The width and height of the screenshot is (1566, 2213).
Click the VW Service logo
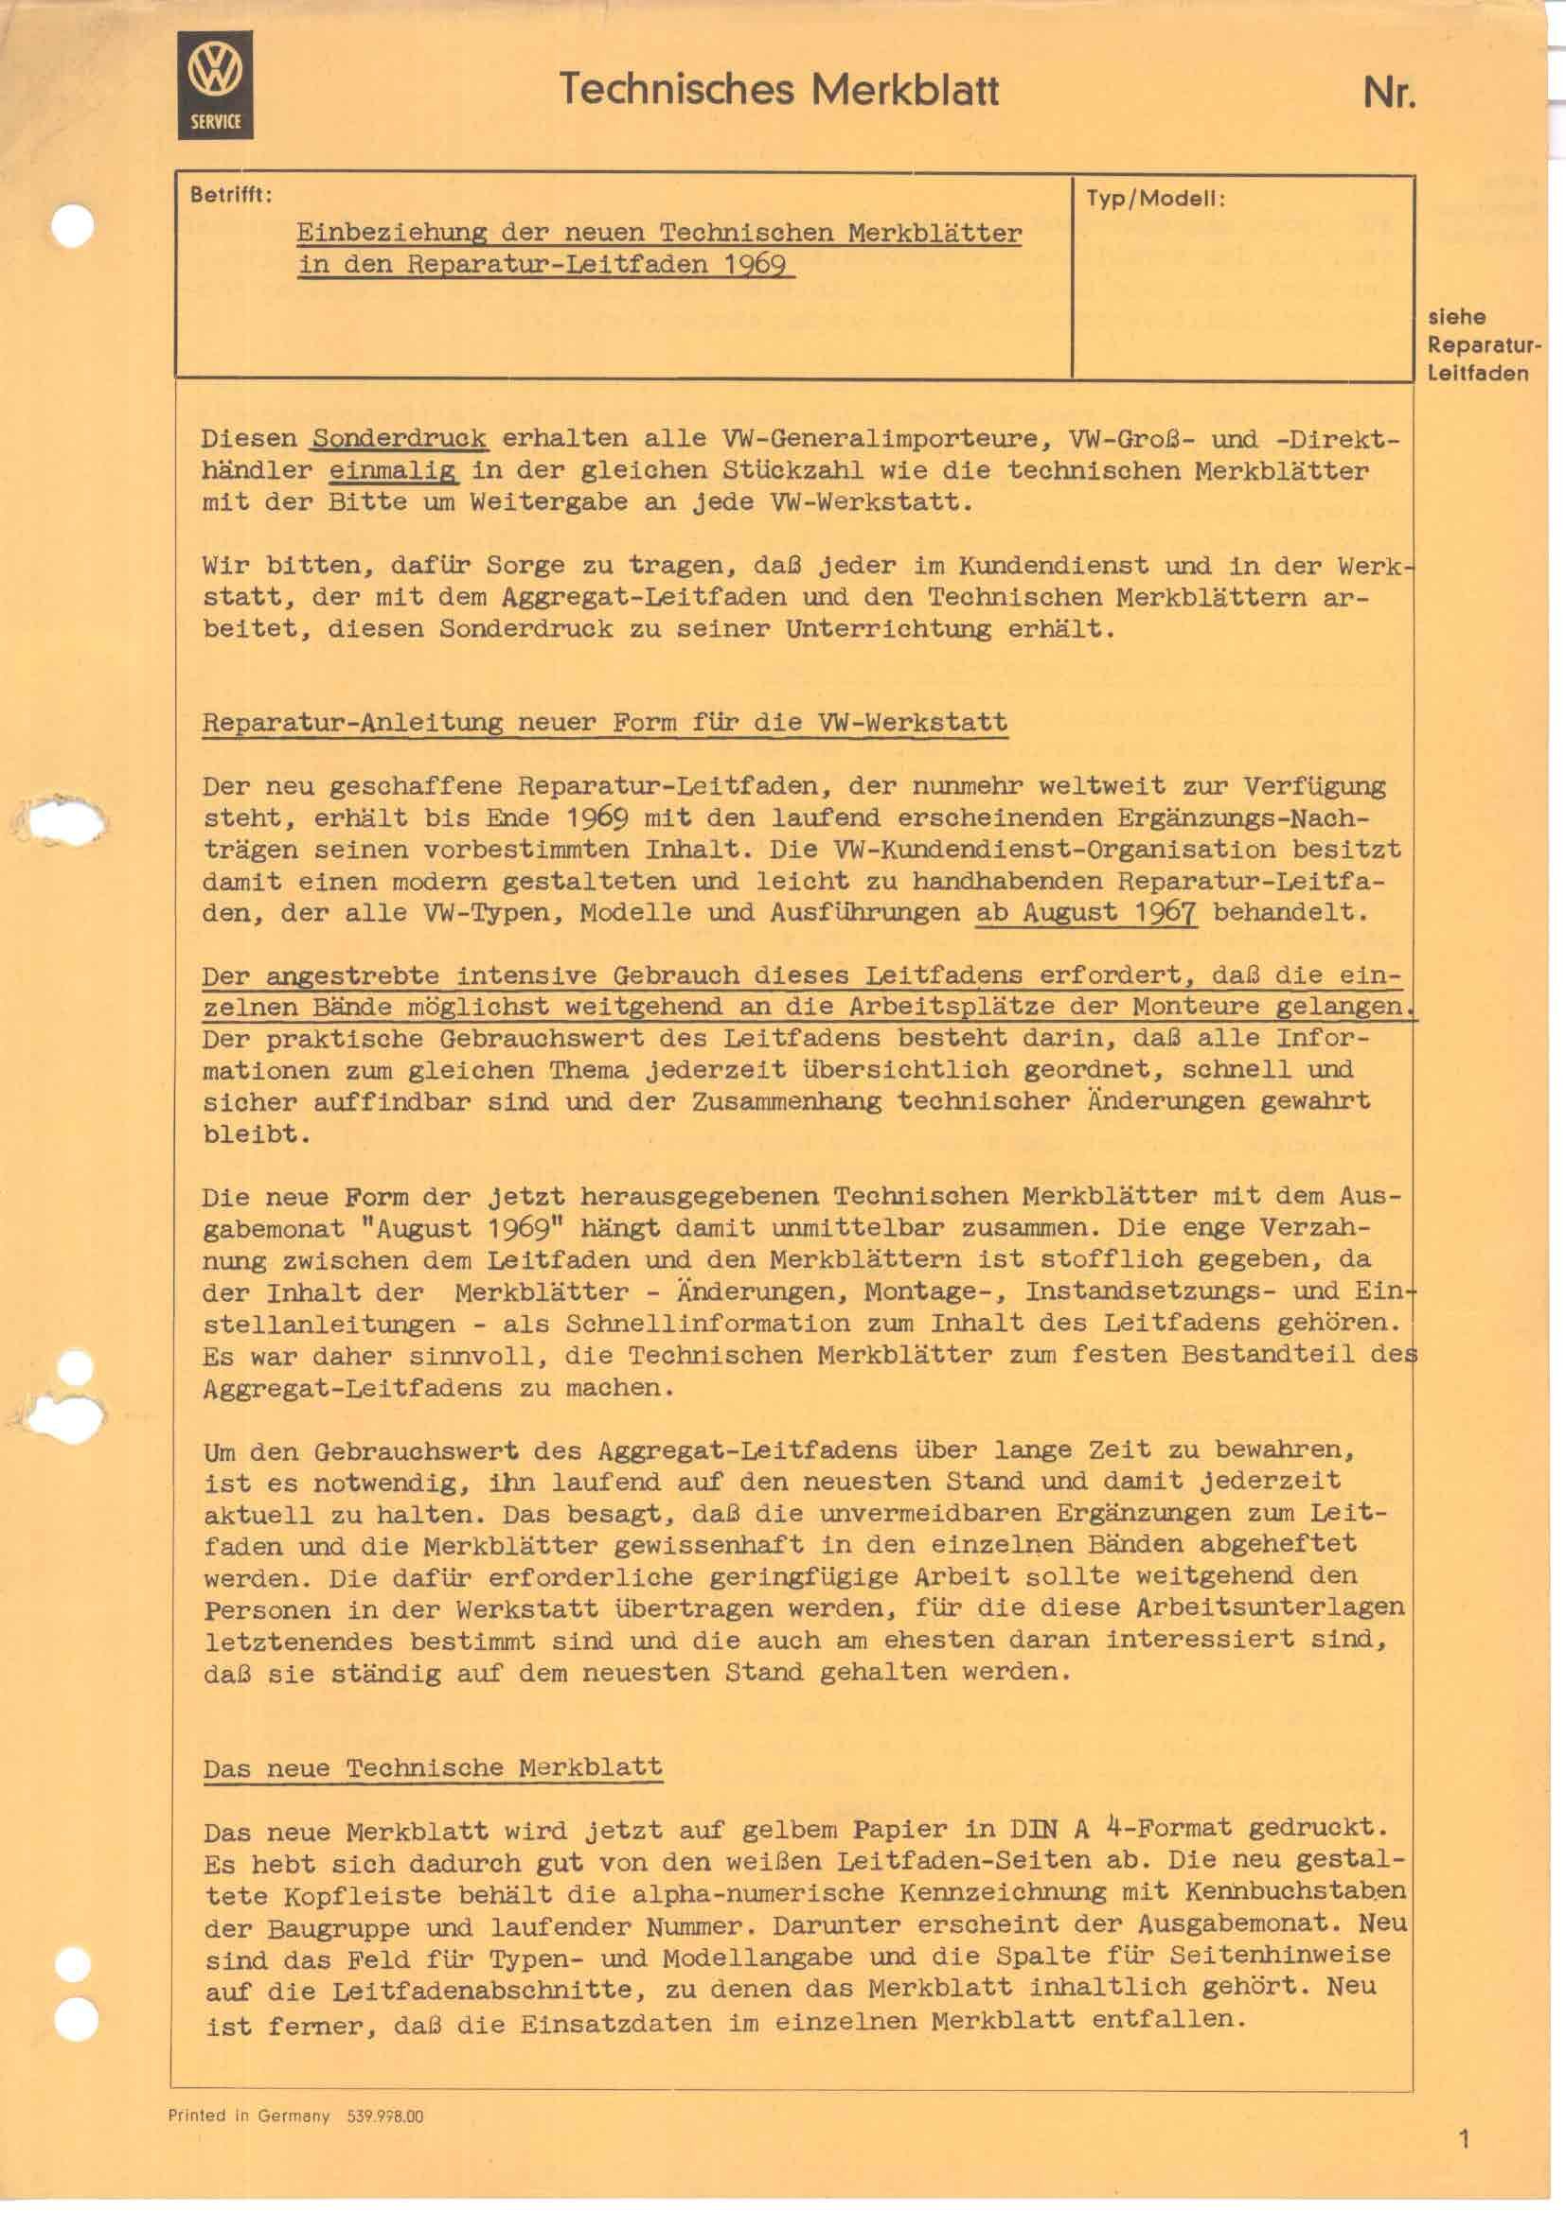coord(215,85)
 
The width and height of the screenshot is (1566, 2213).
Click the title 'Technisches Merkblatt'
coord(778,90)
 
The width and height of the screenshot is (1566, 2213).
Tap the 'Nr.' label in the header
coord(1389,93)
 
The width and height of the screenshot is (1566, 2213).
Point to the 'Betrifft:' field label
coord(231,195)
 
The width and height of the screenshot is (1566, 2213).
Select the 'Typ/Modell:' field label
coord(1155,200)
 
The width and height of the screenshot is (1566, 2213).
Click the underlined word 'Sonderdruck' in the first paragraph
coord(400,439)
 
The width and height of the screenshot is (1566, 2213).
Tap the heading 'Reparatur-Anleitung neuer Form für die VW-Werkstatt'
coord(605,723)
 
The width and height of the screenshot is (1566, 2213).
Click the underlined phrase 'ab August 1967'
coord(1086,912)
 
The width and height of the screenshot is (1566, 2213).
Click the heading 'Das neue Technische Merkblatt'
coord(432,1767)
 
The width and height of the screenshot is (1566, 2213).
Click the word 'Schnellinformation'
coord(708,1324)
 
